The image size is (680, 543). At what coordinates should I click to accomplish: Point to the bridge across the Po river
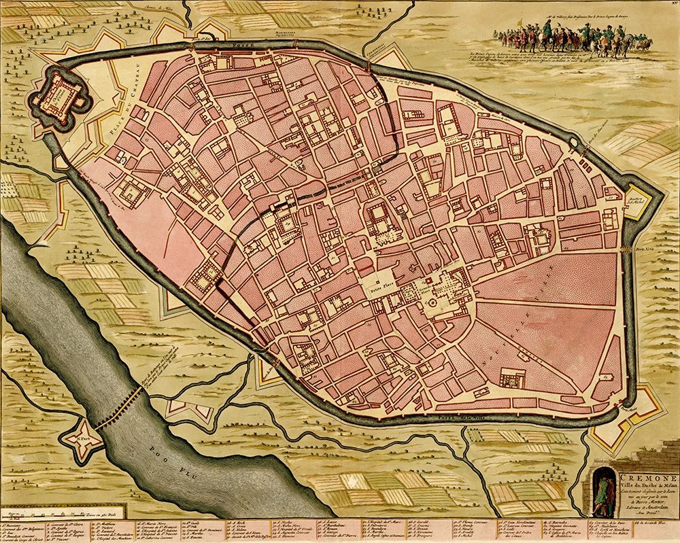coord(119,408)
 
